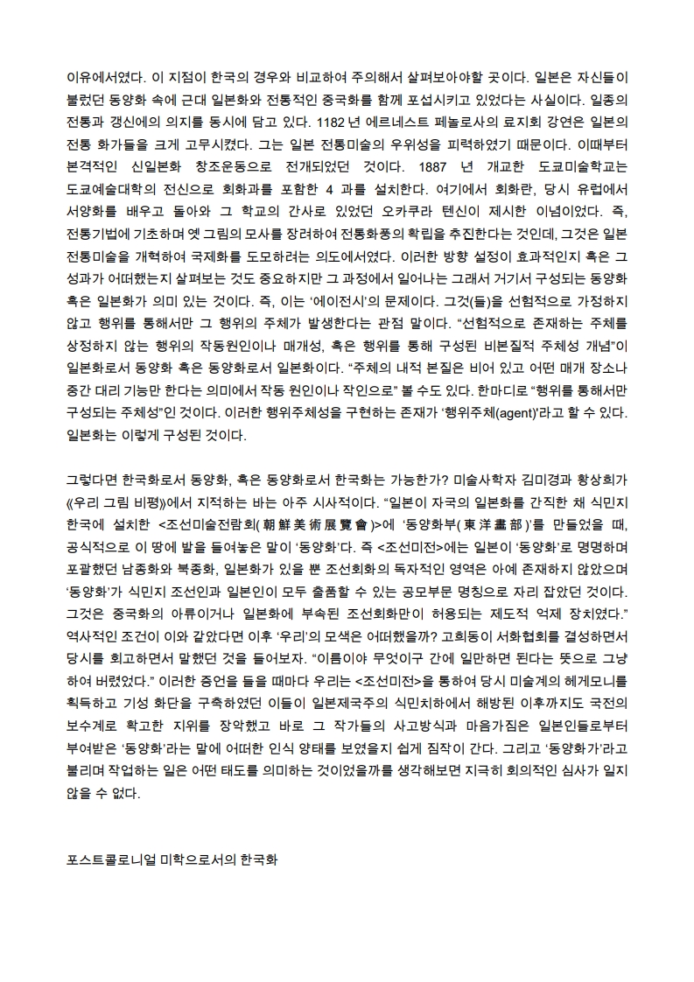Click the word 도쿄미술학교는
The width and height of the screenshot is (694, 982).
585,165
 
